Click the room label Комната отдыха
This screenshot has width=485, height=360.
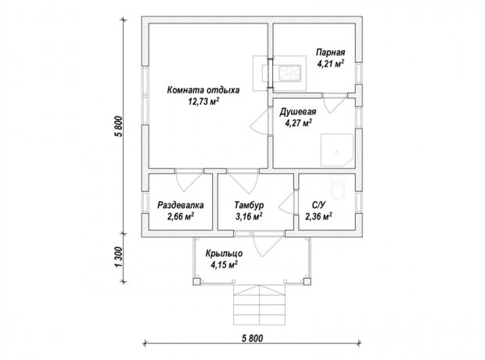click(x=203, y=90)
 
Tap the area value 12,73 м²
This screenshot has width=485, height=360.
click(x=203, y=101)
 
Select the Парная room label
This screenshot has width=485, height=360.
click(x=330, y=52)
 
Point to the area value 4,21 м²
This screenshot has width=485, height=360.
click(x=330, y=63)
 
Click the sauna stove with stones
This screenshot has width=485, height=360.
click(x=289, y=74)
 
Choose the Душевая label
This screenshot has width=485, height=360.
click(x=298, y=112)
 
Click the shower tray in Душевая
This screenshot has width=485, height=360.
click(x=337, y=149)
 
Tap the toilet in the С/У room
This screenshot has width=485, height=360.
click(x=338, y=187)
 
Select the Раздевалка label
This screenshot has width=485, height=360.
click(x=181, y=205)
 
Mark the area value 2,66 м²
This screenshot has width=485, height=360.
click(x=181, y=216)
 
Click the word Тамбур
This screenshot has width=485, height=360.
click(x=249, y=205)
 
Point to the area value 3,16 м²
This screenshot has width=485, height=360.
click(x=249, y=216)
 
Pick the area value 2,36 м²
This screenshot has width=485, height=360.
click(x=318, y=216)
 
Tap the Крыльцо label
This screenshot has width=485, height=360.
click(x=225, y=254)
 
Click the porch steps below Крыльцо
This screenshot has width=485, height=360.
click(x=259, y=305)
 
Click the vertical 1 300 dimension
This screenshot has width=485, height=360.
click(x=119, y=257)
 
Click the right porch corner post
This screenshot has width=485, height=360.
click(x=307, y=282)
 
